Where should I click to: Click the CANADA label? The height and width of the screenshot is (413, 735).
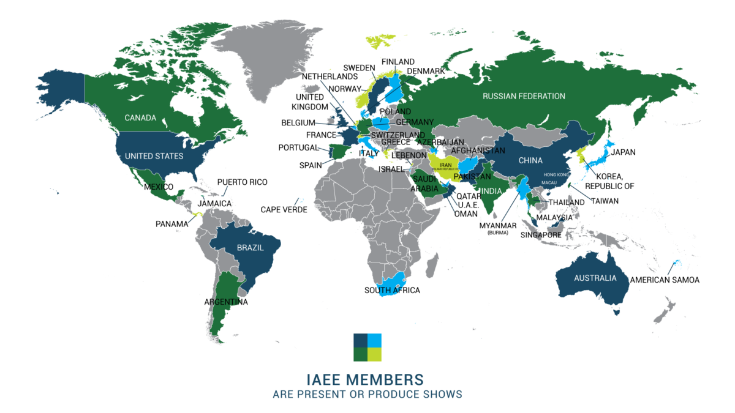(140, 117)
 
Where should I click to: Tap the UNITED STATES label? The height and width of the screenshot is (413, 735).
(154, 156)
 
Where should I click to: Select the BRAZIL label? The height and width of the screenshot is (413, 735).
(250, 248)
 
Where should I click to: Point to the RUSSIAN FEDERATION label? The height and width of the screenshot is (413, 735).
(524, 96)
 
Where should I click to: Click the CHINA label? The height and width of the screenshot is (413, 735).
(530, 160)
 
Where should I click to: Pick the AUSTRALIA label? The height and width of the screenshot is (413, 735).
(595, 278)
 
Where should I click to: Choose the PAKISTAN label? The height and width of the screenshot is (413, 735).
(472, 176)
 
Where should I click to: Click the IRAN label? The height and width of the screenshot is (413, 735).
(446, 165)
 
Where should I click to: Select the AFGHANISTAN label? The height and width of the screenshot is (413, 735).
(478, 150)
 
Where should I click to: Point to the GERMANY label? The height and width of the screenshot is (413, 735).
(415, 122)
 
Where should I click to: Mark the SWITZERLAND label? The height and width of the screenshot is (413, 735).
(398, 135)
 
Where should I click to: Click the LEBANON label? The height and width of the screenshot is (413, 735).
(408, 155)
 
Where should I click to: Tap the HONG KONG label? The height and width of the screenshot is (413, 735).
(555, 175)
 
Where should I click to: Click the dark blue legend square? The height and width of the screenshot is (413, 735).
(360, 340)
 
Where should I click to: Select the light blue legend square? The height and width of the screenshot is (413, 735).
(375, 340)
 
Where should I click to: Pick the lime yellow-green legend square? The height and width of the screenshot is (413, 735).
(375, 355)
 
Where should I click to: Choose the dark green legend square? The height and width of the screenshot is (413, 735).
(360, 355)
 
